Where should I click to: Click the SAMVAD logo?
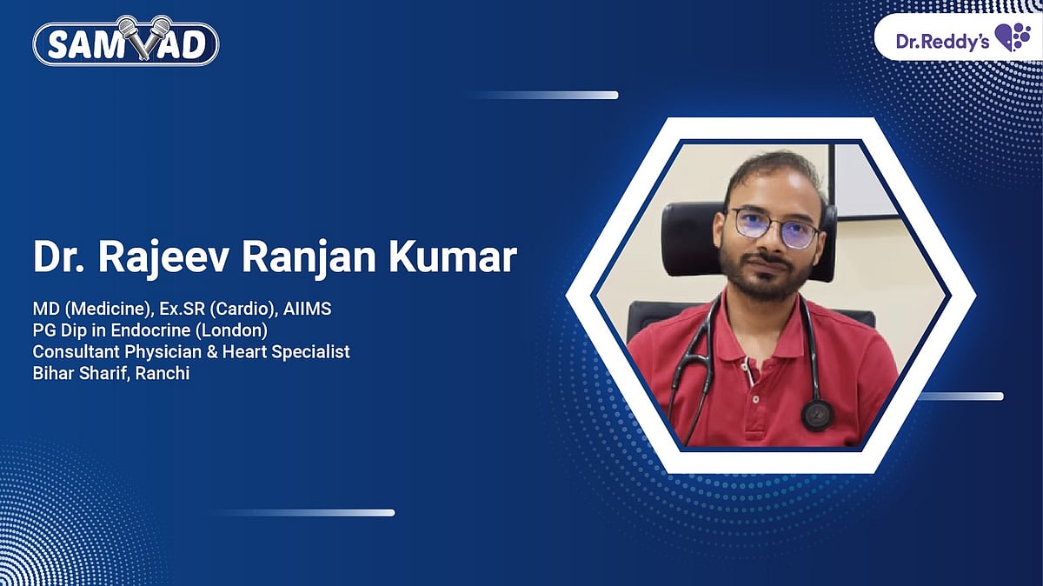[126, 42]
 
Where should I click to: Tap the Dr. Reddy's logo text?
[941, 40]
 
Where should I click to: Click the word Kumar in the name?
[458, 259]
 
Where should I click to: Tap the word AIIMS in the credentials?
[308, 310]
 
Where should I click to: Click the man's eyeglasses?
[774, 228]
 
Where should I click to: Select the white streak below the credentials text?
[304, 513]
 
